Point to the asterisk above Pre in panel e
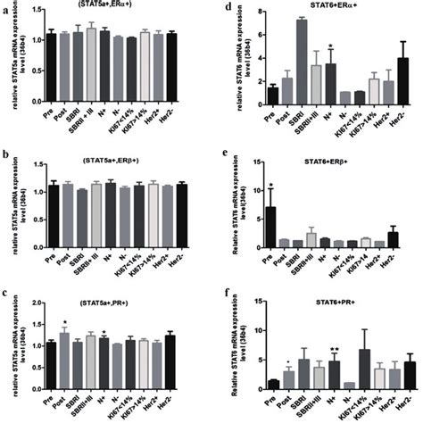[x=245, y=186]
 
